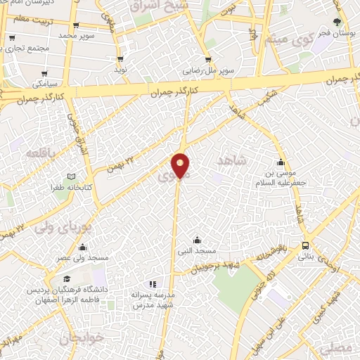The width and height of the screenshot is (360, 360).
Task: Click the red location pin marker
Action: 181,165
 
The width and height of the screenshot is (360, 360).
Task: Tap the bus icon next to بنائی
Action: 306,245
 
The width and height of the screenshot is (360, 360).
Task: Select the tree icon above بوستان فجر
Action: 337,21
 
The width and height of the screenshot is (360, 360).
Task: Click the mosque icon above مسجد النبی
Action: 196,240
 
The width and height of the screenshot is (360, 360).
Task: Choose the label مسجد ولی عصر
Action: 84,258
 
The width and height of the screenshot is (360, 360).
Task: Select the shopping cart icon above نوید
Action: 121,59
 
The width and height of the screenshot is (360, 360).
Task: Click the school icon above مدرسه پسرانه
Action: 152,283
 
